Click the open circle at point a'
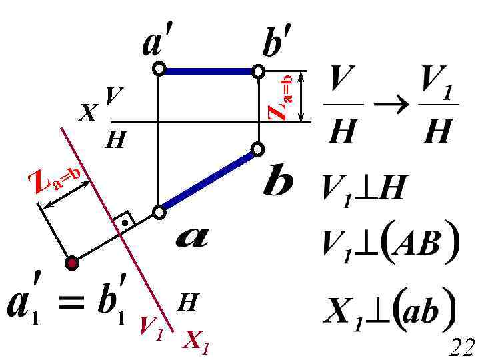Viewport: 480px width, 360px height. (x=159, y=69)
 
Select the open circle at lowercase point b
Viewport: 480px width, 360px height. (x=258, y=149)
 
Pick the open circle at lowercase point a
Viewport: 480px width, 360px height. (x=159, y=212)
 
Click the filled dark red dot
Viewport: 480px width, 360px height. (x=73, y=263)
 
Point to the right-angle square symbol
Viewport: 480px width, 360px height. (x=123, y=221)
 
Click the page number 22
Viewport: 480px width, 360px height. (x=461, y=347)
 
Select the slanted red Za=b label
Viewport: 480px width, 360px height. (x=57, y=179)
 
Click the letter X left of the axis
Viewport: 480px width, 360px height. (x=86, y=115)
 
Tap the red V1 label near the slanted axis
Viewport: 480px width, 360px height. (x=151, y=327)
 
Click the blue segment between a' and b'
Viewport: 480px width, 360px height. (x=208, y=69)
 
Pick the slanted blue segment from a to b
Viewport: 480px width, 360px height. (x=208, y=181)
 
